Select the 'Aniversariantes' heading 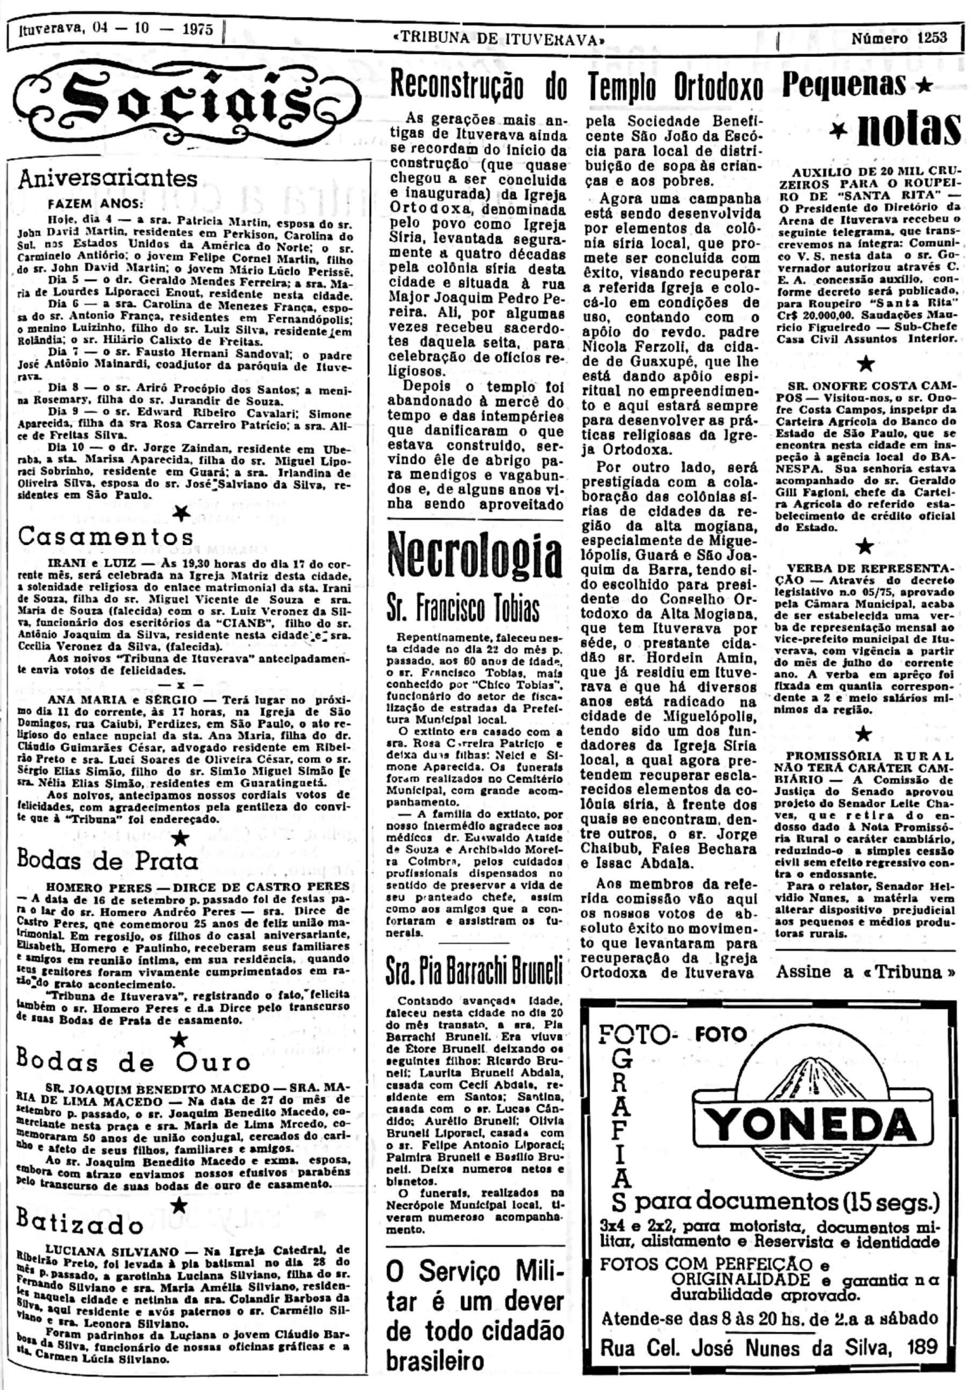pos(109,179)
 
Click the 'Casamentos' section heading pos(106,537)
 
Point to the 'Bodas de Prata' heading pos(109,860)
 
